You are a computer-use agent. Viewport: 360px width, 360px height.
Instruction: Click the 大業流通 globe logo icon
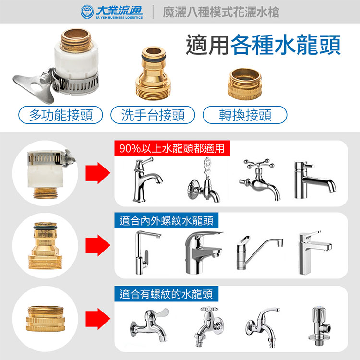coord(87,12)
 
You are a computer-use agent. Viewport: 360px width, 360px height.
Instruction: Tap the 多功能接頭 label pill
coord(60,115)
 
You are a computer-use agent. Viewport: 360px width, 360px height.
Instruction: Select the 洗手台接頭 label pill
coord(153,115)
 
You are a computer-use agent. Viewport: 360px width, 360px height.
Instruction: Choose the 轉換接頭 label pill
coord(245,115)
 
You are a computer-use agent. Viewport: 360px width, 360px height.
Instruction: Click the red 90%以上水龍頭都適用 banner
coord(172,148)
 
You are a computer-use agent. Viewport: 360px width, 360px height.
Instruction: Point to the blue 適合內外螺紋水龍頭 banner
coord(167,220)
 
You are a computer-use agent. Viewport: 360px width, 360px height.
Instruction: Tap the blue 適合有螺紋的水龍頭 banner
coord(167,294)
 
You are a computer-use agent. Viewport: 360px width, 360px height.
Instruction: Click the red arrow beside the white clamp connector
coord(98,173)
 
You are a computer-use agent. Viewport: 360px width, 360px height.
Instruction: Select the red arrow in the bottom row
coord(98,319)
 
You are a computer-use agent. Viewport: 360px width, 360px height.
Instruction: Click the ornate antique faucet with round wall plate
coord(204,180)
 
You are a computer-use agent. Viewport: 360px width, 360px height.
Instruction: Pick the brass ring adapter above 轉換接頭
coord(245,84)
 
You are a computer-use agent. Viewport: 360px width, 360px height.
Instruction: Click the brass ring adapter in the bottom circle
coord(46,318)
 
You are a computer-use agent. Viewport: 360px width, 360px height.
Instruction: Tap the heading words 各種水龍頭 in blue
coord(286,45)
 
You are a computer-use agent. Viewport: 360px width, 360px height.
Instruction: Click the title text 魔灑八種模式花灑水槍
coord(221,12)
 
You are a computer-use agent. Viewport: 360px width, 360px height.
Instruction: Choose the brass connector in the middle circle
coord(45,245)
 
